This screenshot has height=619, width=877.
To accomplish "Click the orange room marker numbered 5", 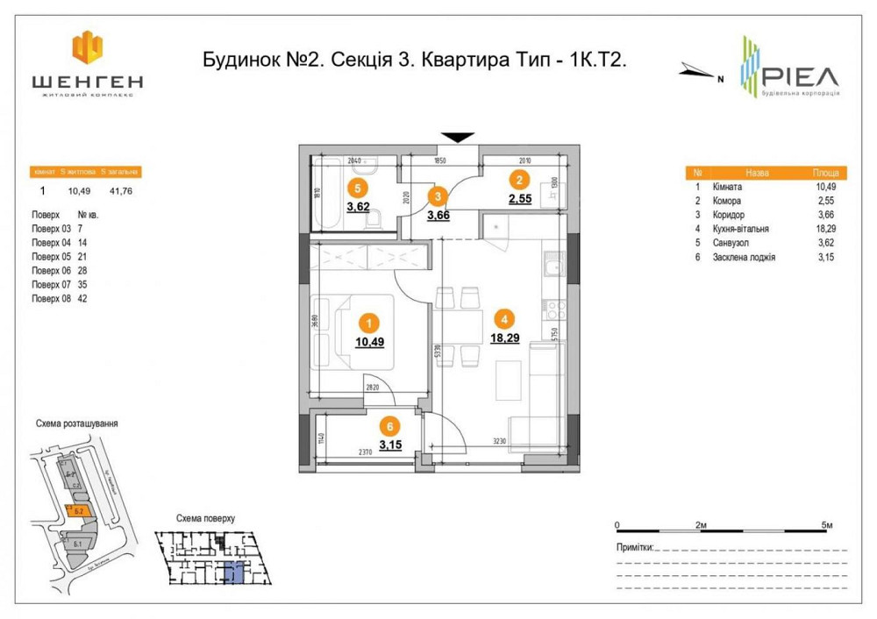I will pyautogui.click(x=356, y=187).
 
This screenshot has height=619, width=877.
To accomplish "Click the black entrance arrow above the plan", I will pyautogui.click(x=457, y=138).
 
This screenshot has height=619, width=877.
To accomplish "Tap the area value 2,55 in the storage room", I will pyautogui.click(x=520, y=199).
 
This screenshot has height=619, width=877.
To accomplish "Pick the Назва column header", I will pyautogui.click(x=757, y=174).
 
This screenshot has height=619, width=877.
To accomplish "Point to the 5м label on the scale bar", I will pyautogui.click(x=826, y=524).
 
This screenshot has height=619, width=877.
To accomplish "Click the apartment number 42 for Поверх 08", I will pyautogui.click(x=84, y=298).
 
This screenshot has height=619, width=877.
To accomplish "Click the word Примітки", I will pyautogui.click(x=635, y=547).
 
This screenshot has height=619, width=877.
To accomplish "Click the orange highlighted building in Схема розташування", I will pyautogui.click(x=79, y=511).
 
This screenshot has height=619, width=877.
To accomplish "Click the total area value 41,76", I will pyautogui.click(x=119, y=188).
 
